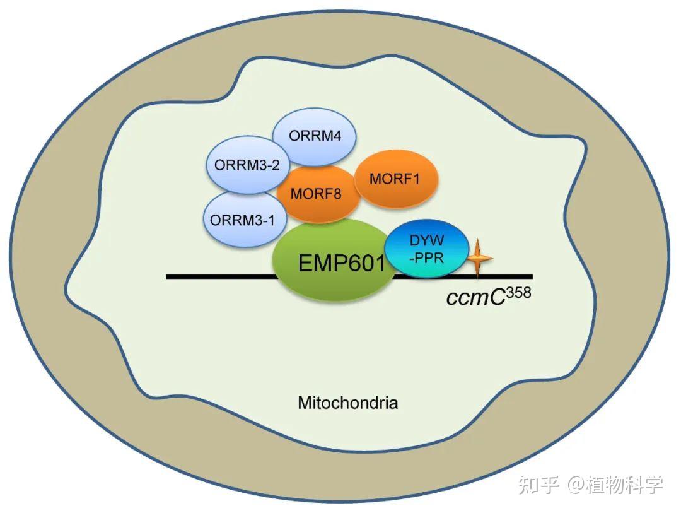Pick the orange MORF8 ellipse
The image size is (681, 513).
coord(317,194)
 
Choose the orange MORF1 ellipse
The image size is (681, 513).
coord(395,179)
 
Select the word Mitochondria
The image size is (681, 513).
coord(347,402)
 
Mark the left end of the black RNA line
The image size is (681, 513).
coord(168,276)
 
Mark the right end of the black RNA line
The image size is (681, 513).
coord(531,276)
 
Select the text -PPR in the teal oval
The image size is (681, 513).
coord(427,258)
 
